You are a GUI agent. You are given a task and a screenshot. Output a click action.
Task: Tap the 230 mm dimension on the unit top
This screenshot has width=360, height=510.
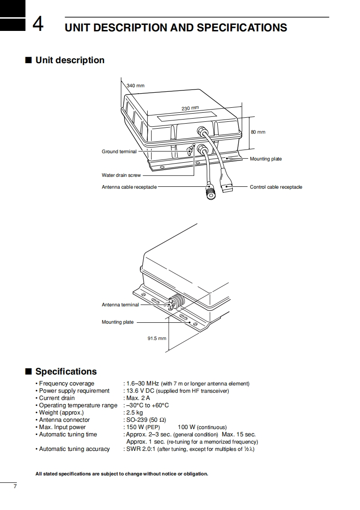point(190,108)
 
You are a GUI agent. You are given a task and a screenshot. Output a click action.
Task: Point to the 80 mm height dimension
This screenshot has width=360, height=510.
point(258,132)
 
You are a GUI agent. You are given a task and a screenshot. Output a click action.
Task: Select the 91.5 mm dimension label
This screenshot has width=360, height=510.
point(157,338)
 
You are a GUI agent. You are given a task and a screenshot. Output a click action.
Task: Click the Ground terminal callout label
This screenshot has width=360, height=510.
point(119,151)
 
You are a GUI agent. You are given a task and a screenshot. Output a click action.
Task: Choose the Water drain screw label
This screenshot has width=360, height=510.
point(121,175)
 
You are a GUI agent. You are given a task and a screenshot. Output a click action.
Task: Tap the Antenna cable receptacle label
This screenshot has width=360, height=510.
point(129,187)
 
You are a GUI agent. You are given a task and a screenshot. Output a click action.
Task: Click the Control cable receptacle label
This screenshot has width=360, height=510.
point(276,187)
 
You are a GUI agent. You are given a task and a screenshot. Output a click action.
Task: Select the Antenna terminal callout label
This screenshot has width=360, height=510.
point(120,305)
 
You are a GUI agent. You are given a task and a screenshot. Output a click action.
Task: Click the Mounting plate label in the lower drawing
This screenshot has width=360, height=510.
point(117,322)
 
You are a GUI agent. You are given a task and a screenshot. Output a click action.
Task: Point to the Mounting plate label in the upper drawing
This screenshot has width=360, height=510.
point(265,159)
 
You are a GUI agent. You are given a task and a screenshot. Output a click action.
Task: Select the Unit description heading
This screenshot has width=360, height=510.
point(70,60)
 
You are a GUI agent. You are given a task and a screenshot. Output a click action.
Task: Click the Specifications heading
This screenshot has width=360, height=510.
point(66,371)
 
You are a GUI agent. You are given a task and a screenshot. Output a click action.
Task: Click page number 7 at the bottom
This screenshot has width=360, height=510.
point(15,487)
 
